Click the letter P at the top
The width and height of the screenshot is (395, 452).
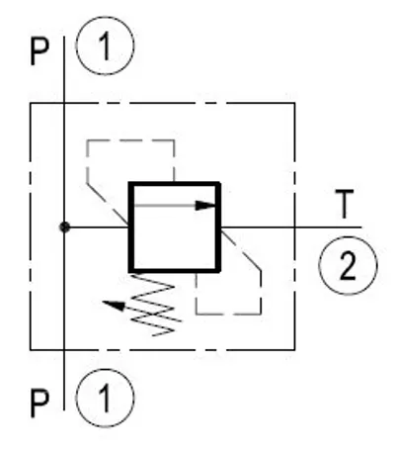[39, 52]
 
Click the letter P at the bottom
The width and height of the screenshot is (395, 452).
[39, 404]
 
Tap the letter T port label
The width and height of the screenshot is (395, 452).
[345, 204]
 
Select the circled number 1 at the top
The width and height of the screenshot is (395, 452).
[105, 45]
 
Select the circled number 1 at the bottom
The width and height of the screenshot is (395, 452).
[105, 398]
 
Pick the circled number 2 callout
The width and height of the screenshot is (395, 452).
[348, 265]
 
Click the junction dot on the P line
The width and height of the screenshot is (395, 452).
[64, 227]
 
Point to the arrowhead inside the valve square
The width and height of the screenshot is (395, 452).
[205, 206]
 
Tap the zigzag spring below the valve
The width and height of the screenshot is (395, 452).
[151, 305]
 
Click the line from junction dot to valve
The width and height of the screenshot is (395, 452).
[97, 227]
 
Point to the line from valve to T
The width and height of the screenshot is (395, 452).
[291, 227]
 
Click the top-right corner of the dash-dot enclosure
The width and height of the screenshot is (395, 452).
[294, 103]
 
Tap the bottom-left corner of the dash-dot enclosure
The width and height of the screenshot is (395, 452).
[31, 349]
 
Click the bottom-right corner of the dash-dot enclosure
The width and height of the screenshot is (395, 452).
[294, 349]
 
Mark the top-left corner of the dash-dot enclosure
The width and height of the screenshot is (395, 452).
[31, 103]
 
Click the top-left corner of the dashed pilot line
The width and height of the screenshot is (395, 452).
[87, 140]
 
